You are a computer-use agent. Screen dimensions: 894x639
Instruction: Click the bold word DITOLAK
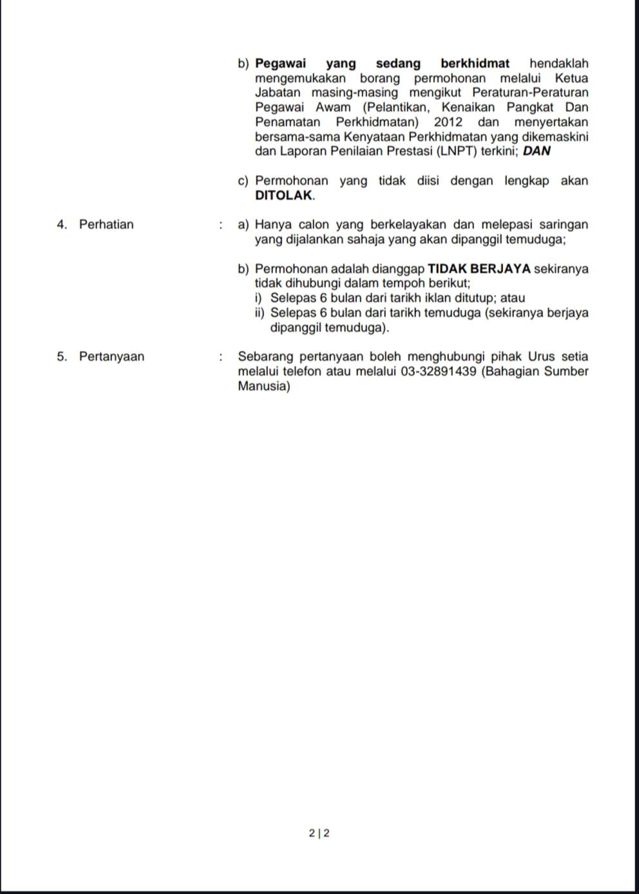point(284,196)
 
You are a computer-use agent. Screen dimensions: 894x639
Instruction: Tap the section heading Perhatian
point(106,225)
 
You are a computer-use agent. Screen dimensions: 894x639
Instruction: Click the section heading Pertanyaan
point(111,357)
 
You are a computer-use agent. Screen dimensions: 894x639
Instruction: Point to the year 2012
point(448,122)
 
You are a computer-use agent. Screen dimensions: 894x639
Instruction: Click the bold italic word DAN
point(537,152)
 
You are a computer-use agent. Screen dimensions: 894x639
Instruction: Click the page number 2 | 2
point(319,833)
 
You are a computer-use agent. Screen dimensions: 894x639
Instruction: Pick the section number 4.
point(62,225)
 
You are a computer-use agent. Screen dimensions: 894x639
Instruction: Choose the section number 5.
point(62,357)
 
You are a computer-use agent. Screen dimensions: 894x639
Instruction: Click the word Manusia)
point(264,386)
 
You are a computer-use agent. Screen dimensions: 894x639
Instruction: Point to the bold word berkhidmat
point(475,64)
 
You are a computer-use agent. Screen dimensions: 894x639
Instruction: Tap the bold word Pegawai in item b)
point(281,64)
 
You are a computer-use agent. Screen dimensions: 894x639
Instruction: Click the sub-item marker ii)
point(260,313)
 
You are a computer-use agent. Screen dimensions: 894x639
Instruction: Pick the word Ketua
point(571,79)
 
